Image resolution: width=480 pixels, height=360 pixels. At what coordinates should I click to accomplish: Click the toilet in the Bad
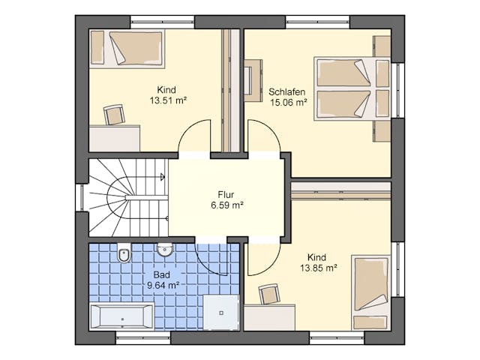(x=124, y=253)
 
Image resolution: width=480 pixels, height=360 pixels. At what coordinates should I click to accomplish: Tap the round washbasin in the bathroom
(x=165, y=250)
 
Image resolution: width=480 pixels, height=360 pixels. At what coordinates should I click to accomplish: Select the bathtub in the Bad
(x=121, y=316)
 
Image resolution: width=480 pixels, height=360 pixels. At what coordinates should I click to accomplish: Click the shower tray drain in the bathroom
(x=221, y=313)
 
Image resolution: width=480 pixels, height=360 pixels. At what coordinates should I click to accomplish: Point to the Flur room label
(x=226, y=195)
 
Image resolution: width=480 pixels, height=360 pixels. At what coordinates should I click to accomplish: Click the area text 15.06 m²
(x=288, y=102)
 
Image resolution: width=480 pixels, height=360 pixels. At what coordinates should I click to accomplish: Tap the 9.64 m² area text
(x=163, y=285)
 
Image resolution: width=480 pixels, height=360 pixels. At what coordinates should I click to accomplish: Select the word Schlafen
(x=286, y=91)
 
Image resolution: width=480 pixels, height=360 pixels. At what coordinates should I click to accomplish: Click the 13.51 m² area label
(x=168, y=100)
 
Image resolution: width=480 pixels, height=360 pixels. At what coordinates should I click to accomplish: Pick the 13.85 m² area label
(x=318, y=268)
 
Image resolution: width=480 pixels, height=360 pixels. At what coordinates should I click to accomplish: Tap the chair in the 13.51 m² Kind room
(x=114, y=115)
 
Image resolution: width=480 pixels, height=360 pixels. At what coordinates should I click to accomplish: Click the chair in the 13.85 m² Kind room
(x=269, y=294)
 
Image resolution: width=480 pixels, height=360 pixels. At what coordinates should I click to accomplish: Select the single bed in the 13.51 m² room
(x=127, y=48)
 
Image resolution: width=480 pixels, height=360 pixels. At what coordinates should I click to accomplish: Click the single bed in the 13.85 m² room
(x=371, y=292)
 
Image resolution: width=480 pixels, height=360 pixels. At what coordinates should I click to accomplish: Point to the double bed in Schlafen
(x=352, y=88)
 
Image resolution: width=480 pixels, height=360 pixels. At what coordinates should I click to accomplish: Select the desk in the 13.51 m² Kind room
(x=115, y=138)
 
